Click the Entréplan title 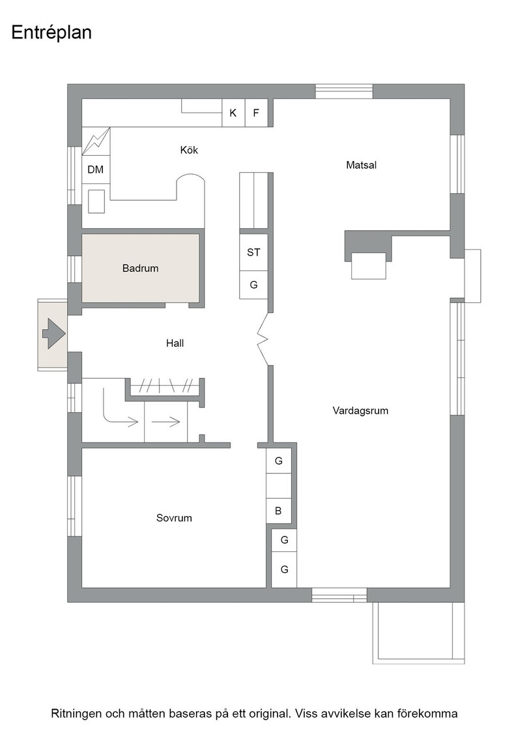51,33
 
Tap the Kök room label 189,150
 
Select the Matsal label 361,165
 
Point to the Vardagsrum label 360,411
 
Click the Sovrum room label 174,518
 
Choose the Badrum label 140,268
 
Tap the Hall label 175,343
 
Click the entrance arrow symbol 53,333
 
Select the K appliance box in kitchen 233,113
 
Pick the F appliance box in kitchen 256,113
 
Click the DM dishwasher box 96,170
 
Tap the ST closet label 253,252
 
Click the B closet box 278,511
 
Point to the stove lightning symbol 96,141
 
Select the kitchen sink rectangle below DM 96,201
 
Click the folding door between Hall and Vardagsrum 264,339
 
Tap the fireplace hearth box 369,265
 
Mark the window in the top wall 344,91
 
